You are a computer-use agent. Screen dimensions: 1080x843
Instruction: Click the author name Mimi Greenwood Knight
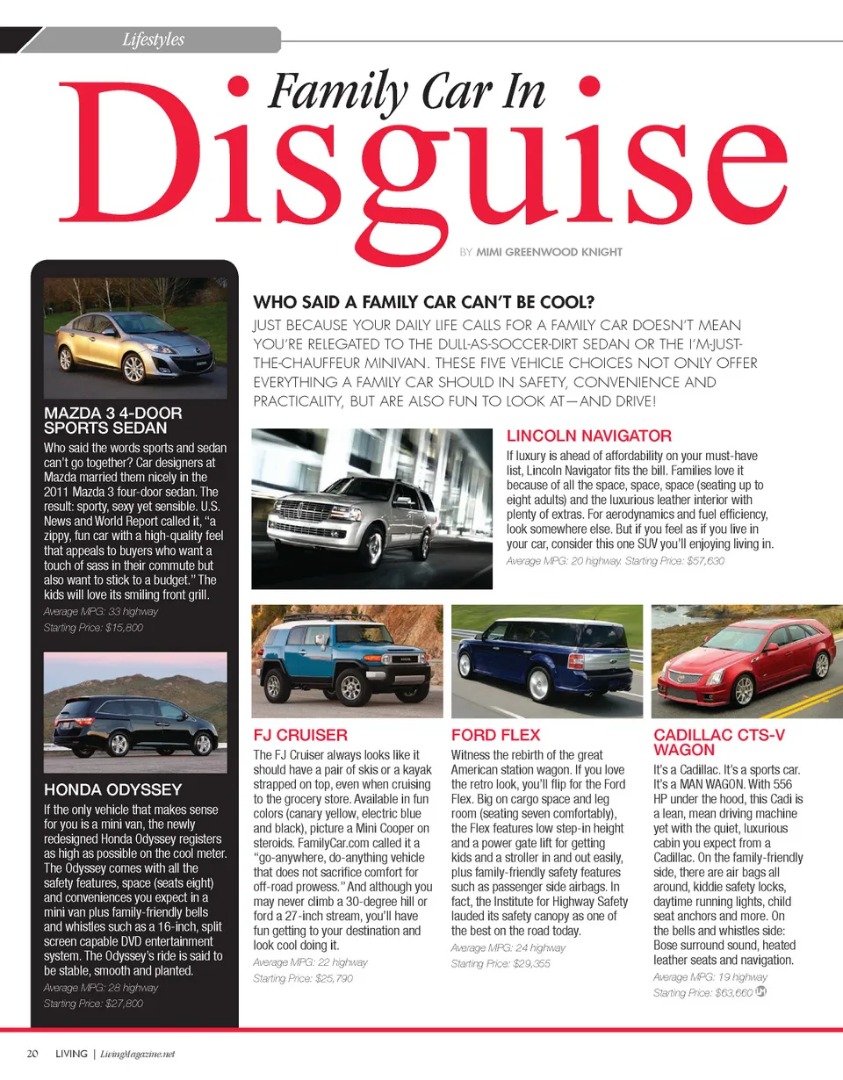549,252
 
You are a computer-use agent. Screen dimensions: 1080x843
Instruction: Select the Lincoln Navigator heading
589,436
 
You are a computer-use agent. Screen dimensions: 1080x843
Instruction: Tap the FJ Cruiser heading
299,735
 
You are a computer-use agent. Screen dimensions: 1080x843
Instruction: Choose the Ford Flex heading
495,735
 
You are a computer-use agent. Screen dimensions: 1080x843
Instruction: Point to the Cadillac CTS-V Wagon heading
710,742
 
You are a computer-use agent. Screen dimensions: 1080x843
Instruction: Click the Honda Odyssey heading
112,789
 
